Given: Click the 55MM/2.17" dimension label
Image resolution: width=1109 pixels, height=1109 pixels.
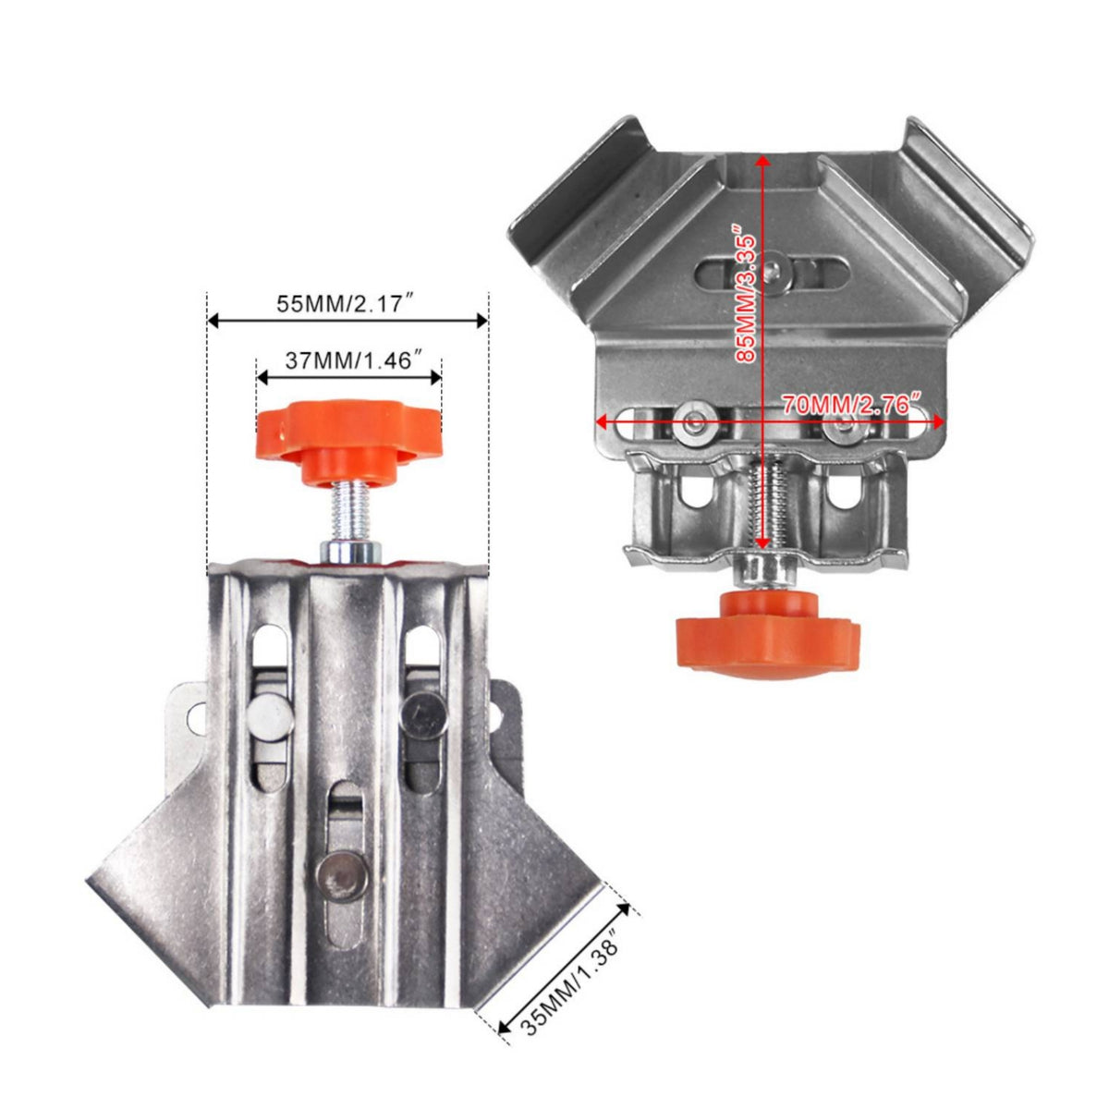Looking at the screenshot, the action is [x=347, y=303].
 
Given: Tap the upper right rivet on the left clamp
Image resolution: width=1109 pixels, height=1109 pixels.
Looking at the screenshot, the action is [x=423, y=713].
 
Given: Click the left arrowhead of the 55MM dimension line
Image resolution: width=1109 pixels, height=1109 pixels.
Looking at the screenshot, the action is [x=214, y=321].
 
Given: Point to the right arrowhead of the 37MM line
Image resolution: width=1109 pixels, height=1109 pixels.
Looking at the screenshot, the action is [x=435, y=378].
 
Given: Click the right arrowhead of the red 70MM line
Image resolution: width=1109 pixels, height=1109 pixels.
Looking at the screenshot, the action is [x=936, y=422].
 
